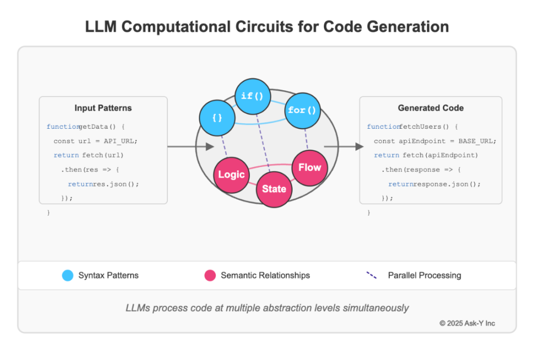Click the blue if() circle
[x=253, y=96]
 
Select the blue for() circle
[x=303, y=111]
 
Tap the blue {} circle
[x=217, y=118]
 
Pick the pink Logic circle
[x=231, y=174]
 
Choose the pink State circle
[x=274, y=188]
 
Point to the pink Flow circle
[x=310, y=168]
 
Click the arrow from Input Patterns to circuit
[x=190, y=147]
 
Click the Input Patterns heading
[x=103, y=108]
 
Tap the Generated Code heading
[x=430, y=108]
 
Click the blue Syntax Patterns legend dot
[x=67, y=275]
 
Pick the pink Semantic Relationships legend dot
[x=210, y=275]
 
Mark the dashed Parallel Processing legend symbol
[x=372, y=275]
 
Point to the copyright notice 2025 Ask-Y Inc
[x=467, y=323]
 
